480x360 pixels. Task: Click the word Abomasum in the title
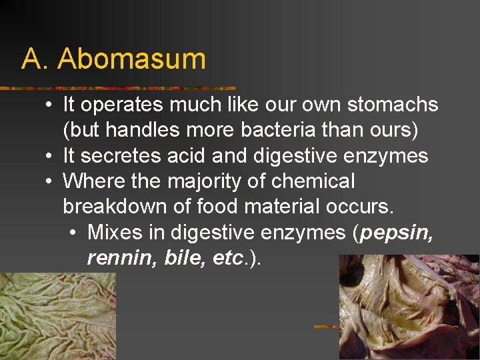131,59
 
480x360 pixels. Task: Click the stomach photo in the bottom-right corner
409,307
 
